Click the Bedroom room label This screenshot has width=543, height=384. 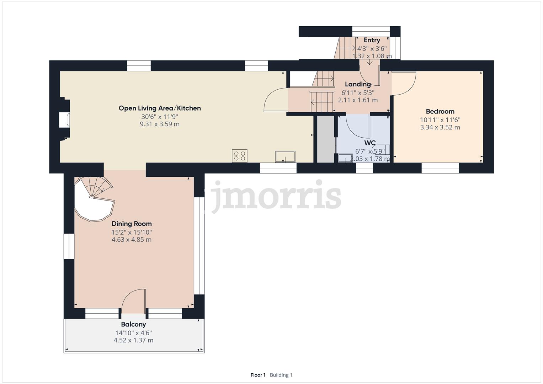(440, 111)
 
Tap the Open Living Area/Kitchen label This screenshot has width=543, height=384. (160, 108)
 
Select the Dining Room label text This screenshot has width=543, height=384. (132, 224)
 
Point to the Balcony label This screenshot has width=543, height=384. (133, 324)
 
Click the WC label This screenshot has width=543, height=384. (370, 143)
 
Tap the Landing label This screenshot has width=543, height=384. (358, 84)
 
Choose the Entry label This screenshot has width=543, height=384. (372, 40)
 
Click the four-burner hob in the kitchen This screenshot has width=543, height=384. (239, 156)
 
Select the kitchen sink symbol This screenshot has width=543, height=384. (285, 156)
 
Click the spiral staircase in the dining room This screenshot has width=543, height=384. (94, 199)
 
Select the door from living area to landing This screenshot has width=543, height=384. (275, 100)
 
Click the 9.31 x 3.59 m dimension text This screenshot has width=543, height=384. (160, 124)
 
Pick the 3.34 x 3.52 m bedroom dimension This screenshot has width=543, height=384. (440, 127)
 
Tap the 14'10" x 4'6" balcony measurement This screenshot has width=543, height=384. (133, 333)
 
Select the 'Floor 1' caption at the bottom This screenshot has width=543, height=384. (258, 375)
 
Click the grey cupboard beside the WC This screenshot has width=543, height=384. (326, 139)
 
